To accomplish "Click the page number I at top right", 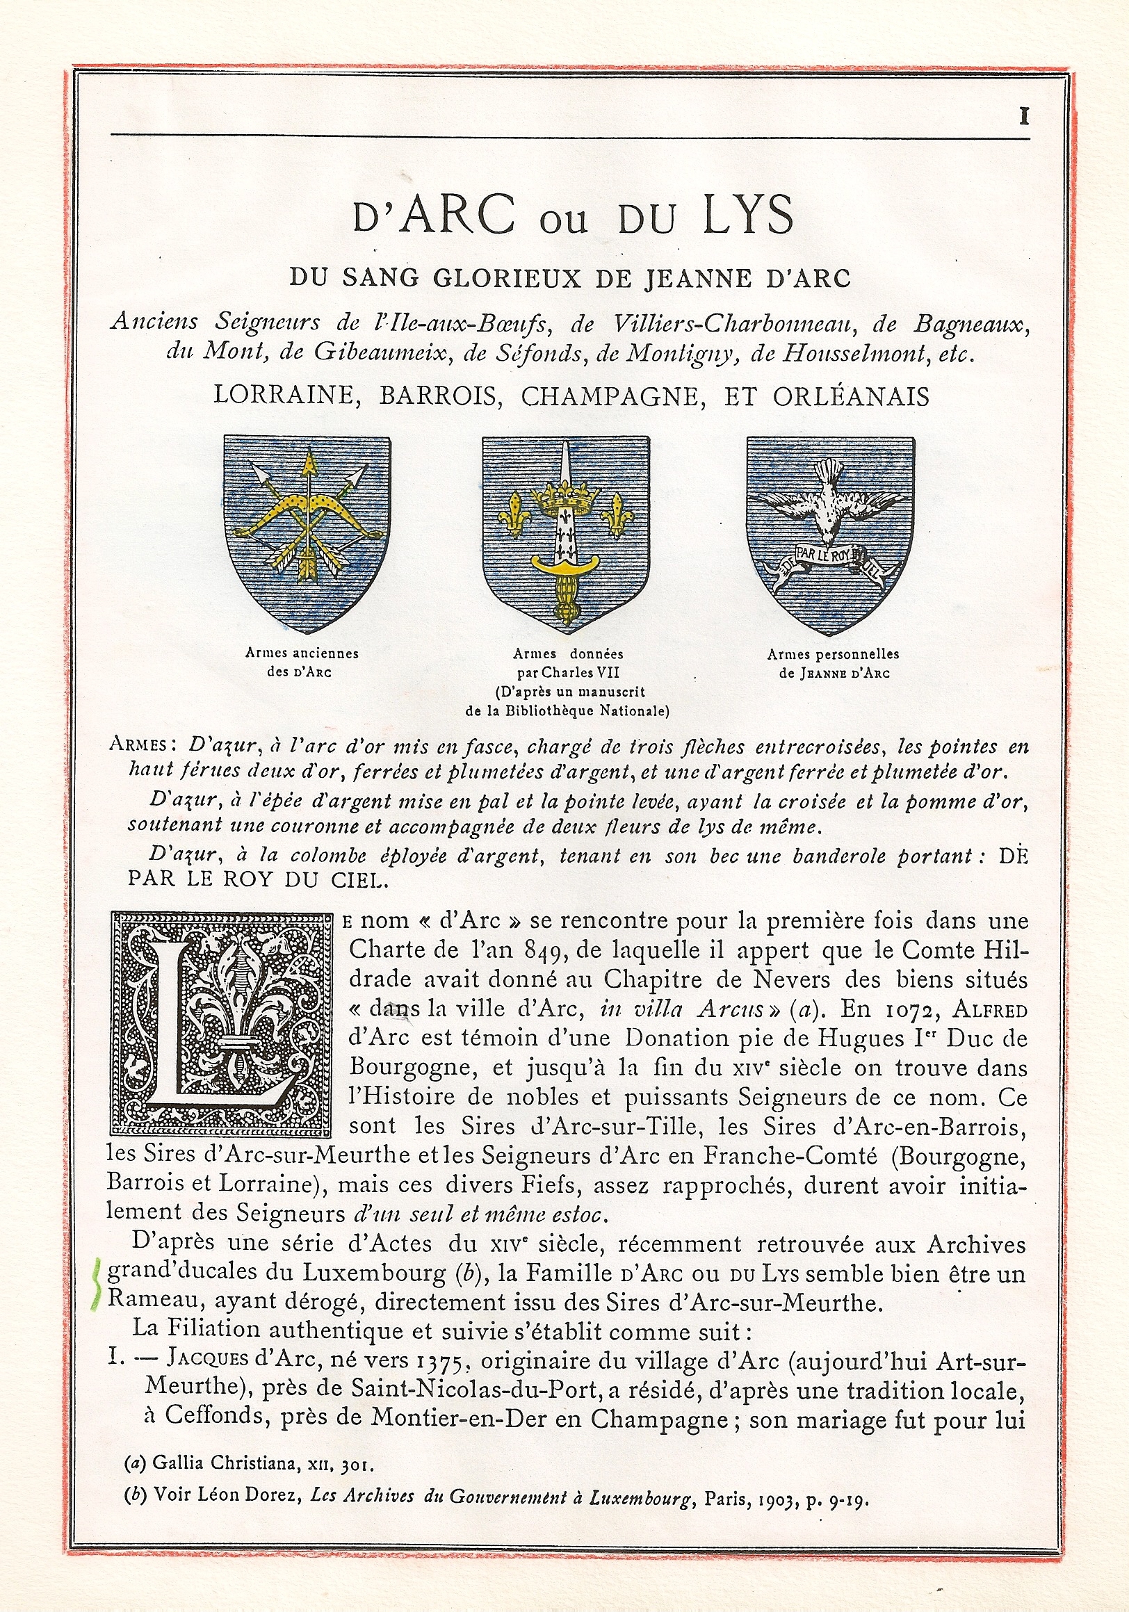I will pos(1024,117).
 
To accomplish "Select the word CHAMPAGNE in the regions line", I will pos(609,397).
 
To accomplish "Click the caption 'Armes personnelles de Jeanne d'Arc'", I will pos(833,662).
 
